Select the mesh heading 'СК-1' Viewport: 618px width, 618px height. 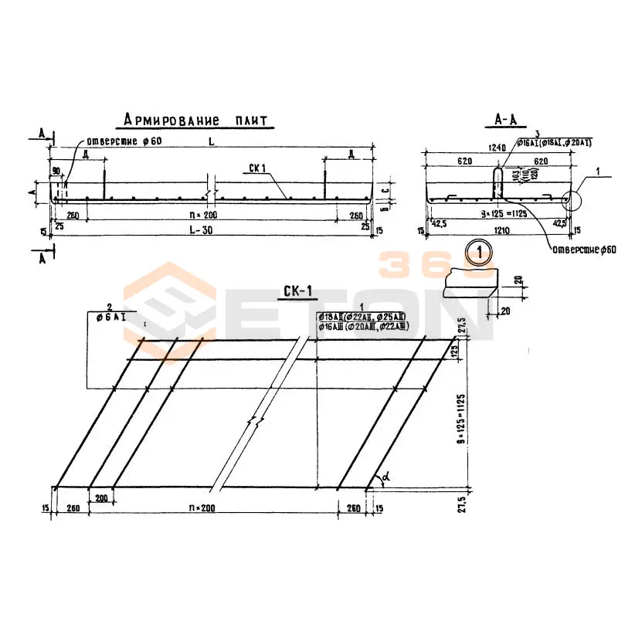click(297, 291)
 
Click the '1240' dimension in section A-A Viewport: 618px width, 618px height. click(497, 147)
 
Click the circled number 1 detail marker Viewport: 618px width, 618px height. click(479, 251)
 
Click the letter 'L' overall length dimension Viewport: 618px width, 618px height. click(210, 141)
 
